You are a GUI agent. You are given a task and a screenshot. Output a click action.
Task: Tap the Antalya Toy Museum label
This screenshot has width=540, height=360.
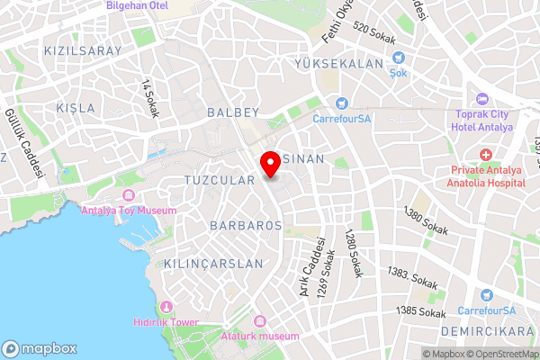click(128, 211)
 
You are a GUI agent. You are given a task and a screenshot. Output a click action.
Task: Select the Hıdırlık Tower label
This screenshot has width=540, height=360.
click(166, 321)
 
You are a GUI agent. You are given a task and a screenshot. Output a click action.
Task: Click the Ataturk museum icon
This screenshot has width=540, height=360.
click(261, 321)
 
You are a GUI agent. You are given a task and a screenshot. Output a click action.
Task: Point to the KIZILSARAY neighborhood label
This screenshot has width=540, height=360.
click(82, 51)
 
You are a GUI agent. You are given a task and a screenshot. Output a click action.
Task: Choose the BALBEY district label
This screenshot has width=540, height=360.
click(232, 112)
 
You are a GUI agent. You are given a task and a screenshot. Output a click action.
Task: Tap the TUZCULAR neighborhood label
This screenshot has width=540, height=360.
click(220, 180)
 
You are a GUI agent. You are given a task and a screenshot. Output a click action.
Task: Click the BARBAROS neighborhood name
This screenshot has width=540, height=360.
click(245, 224)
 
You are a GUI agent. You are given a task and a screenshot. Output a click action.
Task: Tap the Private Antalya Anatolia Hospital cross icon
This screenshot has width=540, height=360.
click(485, 156)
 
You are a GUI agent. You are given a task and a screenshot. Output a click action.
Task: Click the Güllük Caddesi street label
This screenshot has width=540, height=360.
click(25, 143)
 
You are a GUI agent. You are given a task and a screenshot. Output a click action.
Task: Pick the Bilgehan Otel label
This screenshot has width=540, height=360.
click(137, 5)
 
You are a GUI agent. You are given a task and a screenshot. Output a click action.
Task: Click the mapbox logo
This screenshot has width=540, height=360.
click(40, 348)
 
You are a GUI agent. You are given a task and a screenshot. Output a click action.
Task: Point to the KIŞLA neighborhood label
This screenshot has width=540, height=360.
click(76, 108)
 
